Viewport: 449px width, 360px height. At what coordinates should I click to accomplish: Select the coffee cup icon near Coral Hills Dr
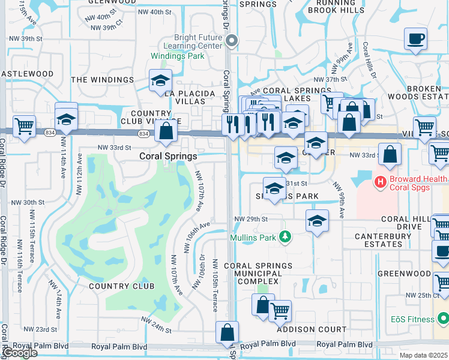pyautogui.click(x=415, y=40)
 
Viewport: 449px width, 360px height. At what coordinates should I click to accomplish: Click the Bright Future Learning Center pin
pyautogui.click(x=232, y=41)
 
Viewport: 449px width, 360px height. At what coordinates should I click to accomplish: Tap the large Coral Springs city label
pyautogui.click(x=168, y=156)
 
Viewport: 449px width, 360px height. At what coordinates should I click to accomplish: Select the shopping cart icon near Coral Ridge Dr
pyautogui.click(x=24, y=127)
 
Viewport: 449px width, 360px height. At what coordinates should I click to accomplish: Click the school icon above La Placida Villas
pyautogui.click(x=161, y=80)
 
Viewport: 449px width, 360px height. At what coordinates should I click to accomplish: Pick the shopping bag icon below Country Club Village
pyautogui.click(x=166, y=130)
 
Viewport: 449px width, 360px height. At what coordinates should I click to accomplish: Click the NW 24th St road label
pyautogui.click(x=157, y=329)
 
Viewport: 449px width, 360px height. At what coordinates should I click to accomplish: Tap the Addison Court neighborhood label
pyautogui.click(x=312, y=329)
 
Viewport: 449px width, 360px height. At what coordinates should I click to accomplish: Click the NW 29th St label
pyautogui.click(x=250, y=219)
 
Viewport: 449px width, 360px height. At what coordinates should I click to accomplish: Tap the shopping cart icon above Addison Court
pyautogui.click(x=280, y=311)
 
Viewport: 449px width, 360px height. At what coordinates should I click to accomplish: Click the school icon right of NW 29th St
pyautogui.click(x=317, y=221)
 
